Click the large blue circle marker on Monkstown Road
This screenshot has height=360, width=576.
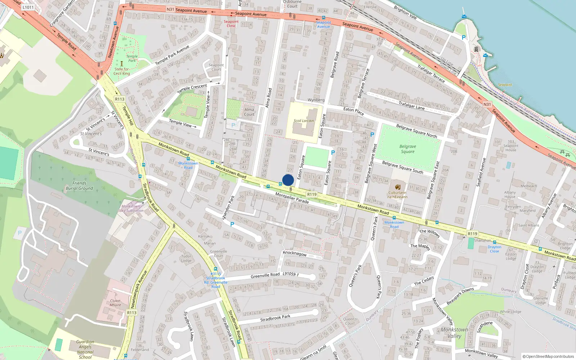coord(288,180)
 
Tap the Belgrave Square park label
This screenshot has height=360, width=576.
coord(408,149)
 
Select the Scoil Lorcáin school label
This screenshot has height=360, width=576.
coord(303,121)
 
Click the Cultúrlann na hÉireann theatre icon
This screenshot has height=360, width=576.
coord(397,187)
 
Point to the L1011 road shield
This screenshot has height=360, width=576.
coord(28,7)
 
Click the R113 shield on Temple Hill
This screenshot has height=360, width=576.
coord(120,99)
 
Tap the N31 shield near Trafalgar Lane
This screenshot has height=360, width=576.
coord(487,104)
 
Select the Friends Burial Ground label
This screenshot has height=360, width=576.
coord(79,186)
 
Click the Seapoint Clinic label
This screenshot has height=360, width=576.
coord(231,24)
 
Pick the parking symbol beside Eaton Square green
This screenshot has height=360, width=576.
coord(333,153)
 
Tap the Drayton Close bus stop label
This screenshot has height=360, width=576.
coord(494,249)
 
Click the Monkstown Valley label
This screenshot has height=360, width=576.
coord(454,333)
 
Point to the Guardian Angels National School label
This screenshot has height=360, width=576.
coord(85,349)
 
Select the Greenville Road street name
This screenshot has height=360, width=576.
coord(265,275)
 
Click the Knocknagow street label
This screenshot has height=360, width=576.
coord(294,253)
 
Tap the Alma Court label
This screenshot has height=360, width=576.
coord(249,112)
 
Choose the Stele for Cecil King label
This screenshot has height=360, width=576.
coord(122,71)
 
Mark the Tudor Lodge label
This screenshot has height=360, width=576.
coord(186,258)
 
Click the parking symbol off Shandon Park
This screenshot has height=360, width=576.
coord(232,224)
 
